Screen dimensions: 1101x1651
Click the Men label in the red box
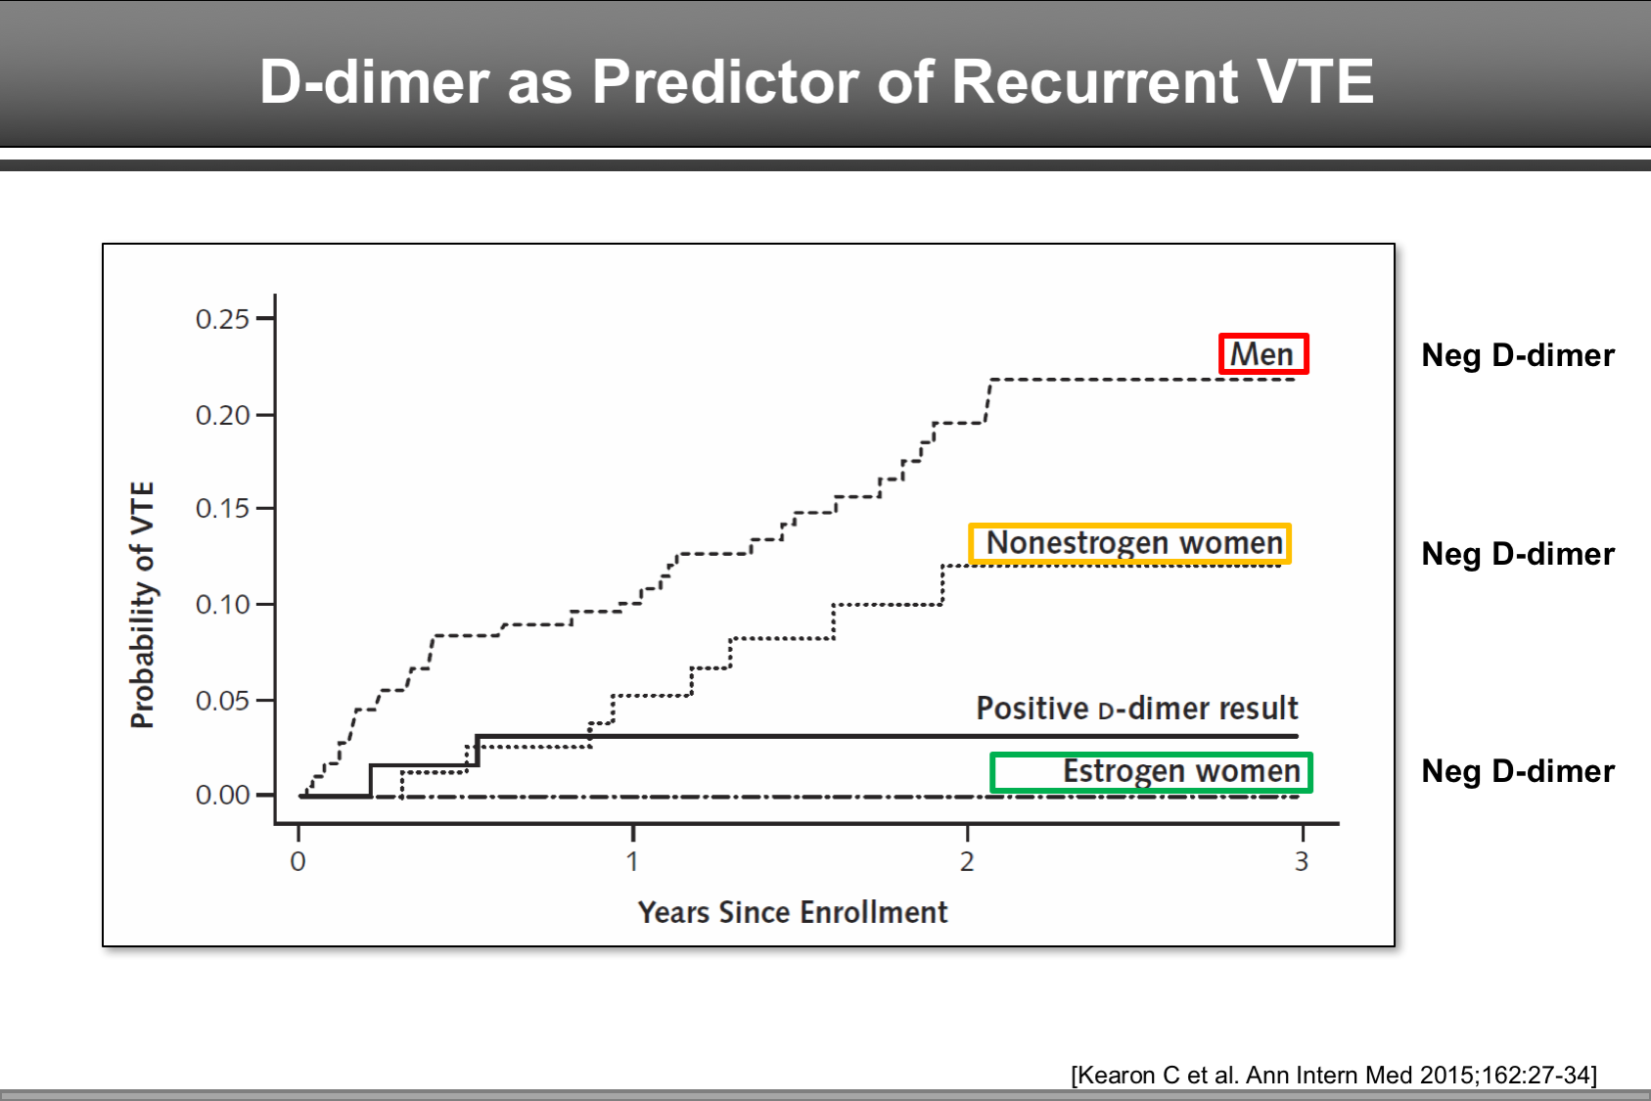point(1262,354)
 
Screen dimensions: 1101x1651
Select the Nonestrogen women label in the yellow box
point(1133,543)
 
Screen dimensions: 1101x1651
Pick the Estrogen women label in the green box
point(1180,771)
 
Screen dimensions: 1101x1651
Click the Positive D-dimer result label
point(1136,708)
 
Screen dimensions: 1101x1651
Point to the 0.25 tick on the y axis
point(223,319)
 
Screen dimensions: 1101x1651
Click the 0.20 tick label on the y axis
point(223,415)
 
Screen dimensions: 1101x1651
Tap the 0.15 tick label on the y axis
point(223,509)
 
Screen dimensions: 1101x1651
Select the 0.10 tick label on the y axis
point(223,605)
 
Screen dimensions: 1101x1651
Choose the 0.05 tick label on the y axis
point(223,701)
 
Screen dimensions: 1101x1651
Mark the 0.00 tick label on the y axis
point(223,795)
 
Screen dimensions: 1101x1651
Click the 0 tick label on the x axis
point(298,861)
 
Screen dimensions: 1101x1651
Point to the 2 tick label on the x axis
point(967,861)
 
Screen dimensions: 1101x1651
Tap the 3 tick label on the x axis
point(1302,861)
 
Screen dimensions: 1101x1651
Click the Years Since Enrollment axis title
point(793,912)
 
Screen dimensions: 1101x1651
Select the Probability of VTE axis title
point(143,605)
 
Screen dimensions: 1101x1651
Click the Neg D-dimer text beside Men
point(1517,355)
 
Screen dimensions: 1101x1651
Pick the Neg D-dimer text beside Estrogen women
point(1517,771)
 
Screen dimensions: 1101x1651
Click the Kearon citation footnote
point(1333,1075)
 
